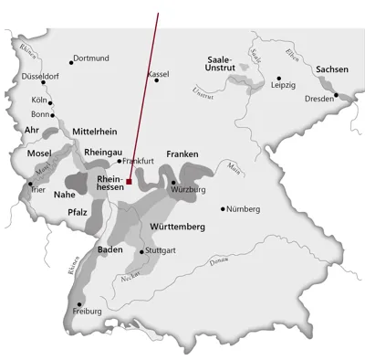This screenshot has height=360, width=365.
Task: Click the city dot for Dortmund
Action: coord(70,58)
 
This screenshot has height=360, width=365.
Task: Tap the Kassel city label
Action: coord(159,72)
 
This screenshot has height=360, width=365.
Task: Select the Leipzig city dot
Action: coord(278,79)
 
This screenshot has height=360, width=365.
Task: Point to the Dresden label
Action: coord(319,98)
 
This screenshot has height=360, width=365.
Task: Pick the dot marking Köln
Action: coord(51,102)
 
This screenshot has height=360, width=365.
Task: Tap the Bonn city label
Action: coord(39,114)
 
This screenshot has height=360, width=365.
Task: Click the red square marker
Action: coord(130,182)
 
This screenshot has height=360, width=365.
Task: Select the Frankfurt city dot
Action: coord(120,161)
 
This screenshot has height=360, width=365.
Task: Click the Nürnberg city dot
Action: coord(223,208)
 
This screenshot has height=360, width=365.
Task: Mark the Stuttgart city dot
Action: coord(141,250)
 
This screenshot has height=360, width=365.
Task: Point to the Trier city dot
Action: coord(31,184)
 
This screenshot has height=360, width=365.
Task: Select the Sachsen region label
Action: coord(331,69)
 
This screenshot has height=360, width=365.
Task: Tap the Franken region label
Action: coord(182,154)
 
